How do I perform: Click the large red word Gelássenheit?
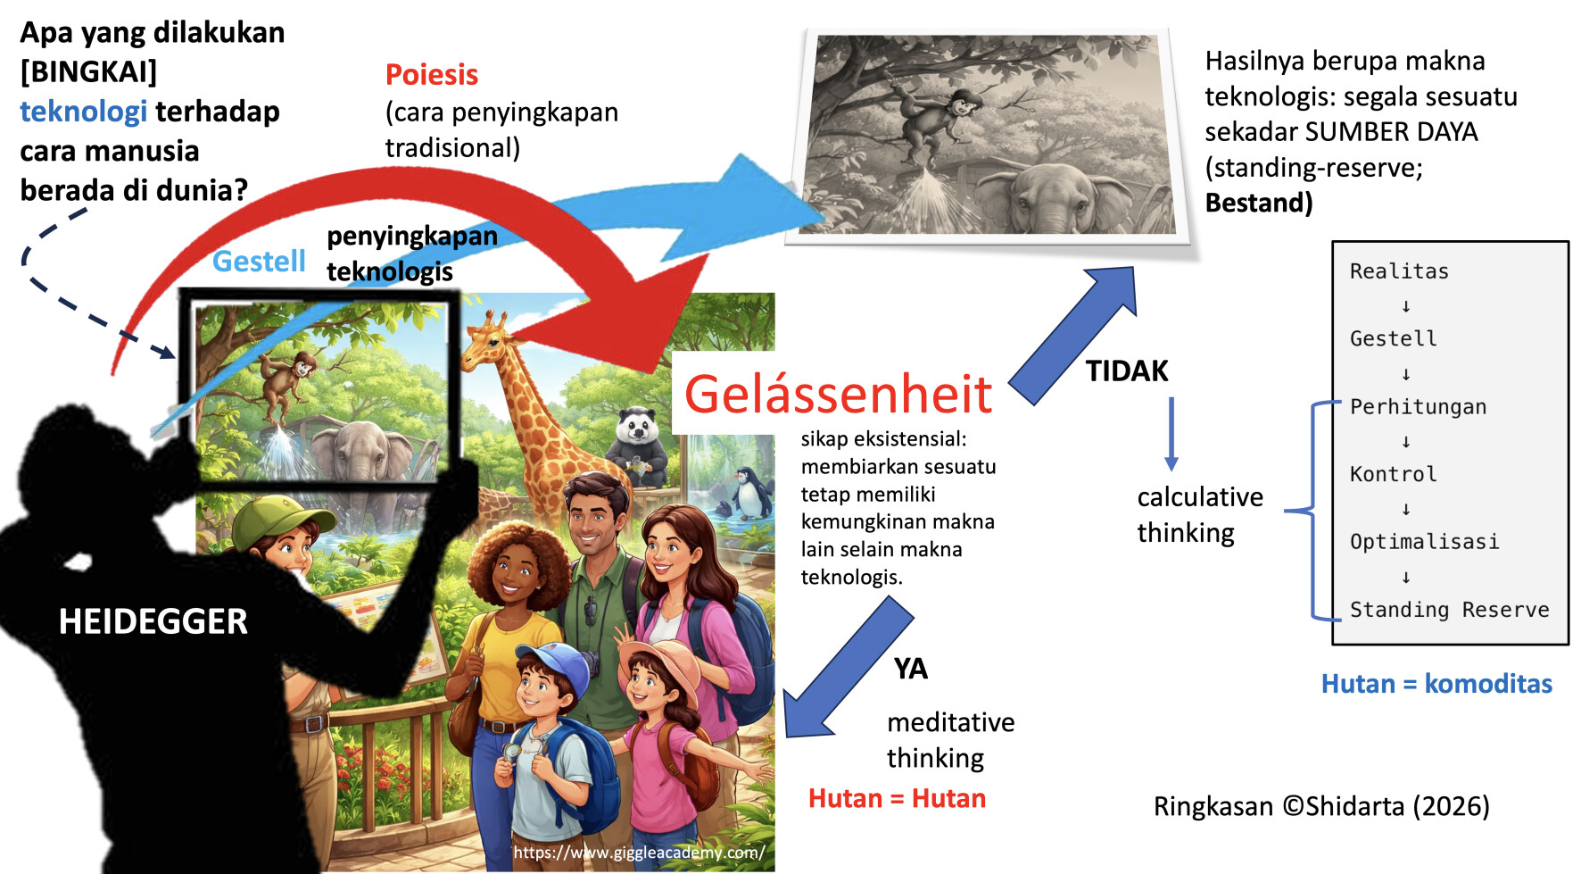(x=838, y=393)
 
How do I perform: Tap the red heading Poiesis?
(x=432, y=74)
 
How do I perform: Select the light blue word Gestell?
(x=259, y=261)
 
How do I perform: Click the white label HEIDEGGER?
(x=153, y=621)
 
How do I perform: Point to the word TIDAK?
(x=1127, y=370)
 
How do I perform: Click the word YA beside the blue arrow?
(x=911, y=668)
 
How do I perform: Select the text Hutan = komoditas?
(x=1436, y=684)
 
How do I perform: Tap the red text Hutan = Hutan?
(x=897, y=798)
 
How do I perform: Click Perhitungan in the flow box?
(x=1418, y=406)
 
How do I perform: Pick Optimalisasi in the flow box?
(x=1424, y=542)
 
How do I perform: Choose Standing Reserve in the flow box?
(x=1449, y=609)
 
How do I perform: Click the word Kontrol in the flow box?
(x=1393, y=474)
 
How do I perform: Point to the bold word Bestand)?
(x=1258, y=203)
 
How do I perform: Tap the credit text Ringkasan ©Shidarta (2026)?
(x=1321, y=806)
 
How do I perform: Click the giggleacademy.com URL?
(x=639, y=853)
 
